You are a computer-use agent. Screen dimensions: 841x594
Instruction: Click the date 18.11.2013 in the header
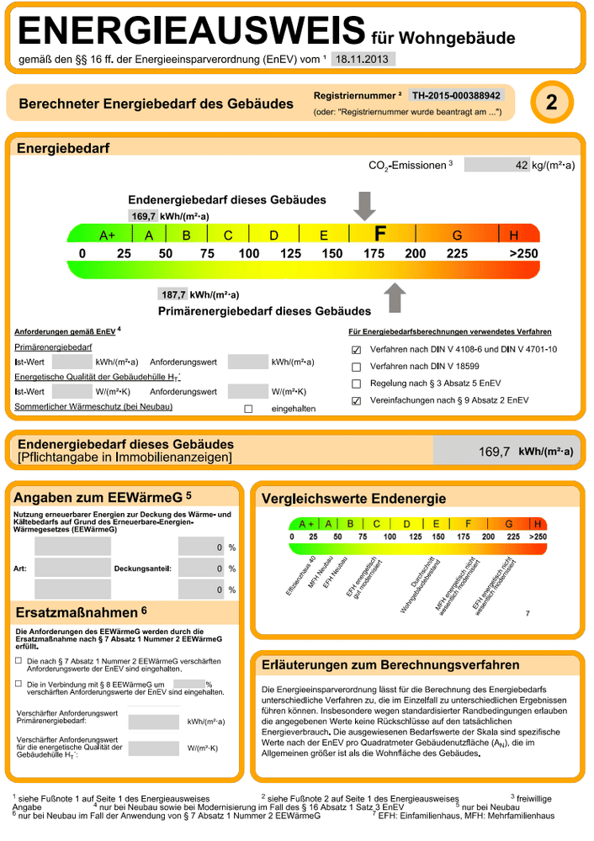(x=359, y=59)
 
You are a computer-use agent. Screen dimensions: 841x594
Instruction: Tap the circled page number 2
(x=551, y=103)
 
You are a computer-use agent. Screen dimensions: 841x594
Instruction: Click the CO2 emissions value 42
(x=521, y=165)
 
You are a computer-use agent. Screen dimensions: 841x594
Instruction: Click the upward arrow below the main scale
(x=394, y=296)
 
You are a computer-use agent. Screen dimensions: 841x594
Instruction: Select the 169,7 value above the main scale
(x=144, y=216)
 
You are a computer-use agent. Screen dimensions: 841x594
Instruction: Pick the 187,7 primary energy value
(x=173, y=294)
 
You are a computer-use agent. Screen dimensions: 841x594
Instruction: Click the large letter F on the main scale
(x=379, y=234)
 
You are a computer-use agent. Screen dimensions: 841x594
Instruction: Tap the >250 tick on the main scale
(x=523, y=254)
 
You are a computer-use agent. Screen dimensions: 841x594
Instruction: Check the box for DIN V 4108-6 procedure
(x=356, y=350)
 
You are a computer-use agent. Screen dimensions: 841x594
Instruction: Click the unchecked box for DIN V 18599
(x=356, y=367)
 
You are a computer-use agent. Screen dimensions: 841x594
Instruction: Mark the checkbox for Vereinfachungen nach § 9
(x=356, y=400)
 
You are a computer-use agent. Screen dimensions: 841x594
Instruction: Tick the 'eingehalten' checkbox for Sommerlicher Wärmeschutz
(x=248, y=409)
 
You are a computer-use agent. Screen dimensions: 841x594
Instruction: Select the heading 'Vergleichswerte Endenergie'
(x=353, y=500)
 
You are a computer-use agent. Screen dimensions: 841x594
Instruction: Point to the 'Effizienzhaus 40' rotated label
(x=300, y=577)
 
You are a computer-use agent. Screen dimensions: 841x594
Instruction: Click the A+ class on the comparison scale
(x=306, y=523)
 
